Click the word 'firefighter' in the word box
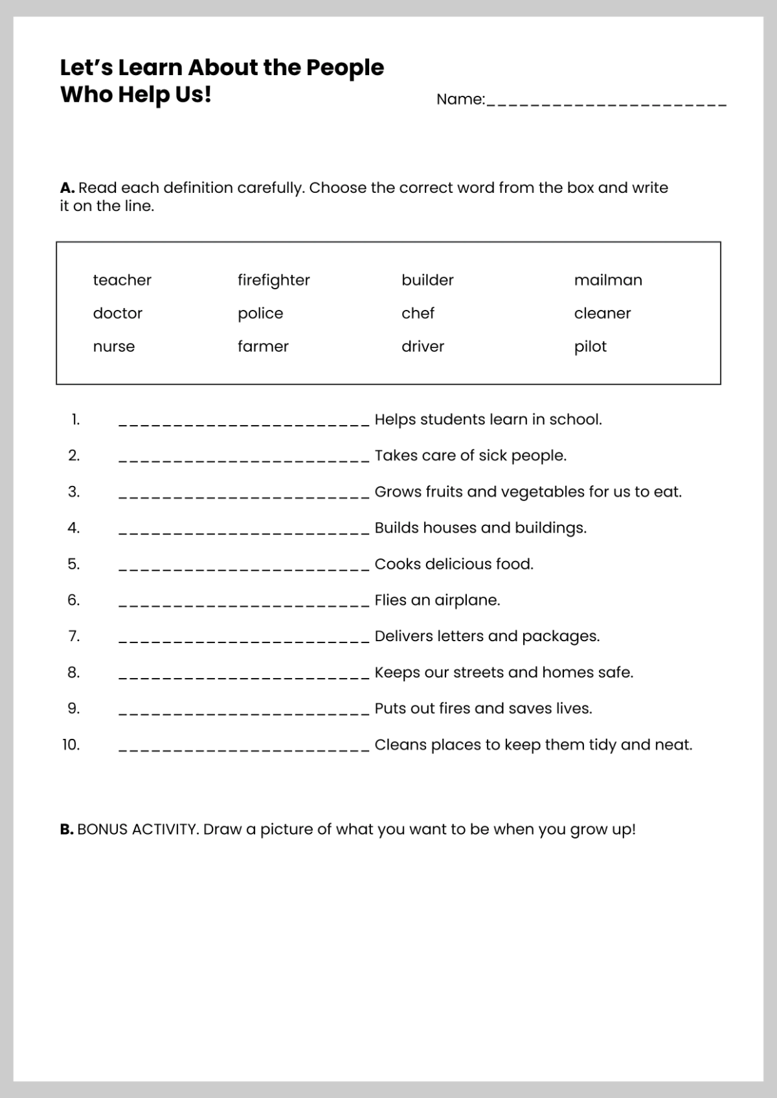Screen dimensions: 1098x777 pos(273,280)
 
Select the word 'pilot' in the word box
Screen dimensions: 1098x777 pos(590,346)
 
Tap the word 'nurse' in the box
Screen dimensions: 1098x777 pos(114,346)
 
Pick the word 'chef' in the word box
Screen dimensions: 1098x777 pos(418,313)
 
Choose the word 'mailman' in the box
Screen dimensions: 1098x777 pos(607,280)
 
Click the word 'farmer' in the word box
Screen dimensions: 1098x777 pos(263,346)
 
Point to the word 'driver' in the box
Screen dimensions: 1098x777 pos(423,346)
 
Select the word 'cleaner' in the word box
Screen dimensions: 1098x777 pos(602,313)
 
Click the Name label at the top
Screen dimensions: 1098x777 pos(460,100)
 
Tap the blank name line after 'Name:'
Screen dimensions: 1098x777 pos(606,102)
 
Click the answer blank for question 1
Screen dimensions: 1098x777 pos(244,422)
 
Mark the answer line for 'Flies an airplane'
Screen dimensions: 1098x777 pos(244,602)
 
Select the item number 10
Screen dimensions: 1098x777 pos(71,745)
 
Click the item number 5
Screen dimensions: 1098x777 pos(74,564)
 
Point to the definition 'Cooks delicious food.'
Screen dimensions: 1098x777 pos(454,564)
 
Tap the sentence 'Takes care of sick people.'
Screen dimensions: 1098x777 pos(470,456)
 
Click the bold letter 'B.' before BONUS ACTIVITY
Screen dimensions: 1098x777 pos(67,829)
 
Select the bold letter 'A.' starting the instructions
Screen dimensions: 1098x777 pos(67,188)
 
